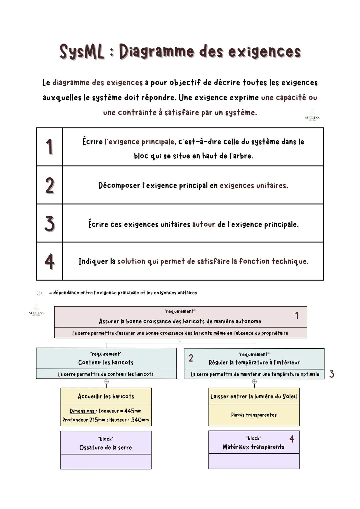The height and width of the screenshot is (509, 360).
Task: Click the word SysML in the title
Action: [82, 52]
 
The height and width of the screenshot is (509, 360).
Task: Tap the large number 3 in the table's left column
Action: [49, 223]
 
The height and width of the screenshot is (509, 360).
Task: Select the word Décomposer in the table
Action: [119, 186]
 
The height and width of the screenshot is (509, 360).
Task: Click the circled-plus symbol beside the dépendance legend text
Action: [39, 293]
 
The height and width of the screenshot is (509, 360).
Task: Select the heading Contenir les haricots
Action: [106, 362]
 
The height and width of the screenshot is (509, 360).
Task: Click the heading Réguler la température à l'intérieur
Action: [254, 362]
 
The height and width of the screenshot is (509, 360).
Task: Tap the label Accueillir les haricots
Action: [106, 396]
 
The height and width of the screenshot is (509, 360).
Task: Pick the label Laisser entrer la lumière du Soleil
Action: [254, 396]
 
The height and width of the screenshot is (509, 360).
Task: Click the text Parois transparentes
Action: [254, 415]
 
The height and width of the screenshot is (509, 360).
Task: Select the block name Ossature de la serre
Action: [106, 448]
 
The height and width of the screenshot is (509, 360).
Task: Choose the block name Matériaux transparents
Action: [254, 447]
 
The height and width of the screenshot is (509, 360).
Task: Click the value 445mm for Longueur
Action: [133, 411]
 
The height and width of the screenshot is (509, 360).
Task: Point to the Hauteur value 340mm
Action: [140, 420]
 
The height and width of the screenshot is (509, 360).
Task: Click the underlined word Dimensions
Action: [82, 411]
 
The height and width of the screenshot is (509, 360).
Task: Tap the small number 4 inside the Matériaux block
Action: [292, 439]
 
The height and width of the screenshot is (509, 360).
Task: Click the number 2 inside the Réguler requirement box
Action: [191, 358]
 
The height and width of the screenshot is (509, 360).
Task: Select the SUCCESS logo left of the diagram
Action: [36, 311]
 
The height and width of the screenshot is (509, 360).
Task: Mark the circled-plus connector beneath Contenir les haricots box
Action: [106, 382]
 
